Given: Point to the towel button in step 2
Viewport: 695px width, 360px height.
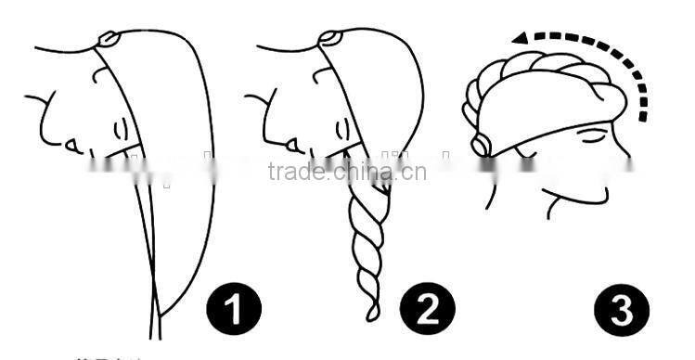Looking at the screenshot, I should point(330,39).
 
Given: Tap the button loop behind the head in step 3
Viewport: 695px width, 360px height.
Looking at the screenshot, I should point(480,145).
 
